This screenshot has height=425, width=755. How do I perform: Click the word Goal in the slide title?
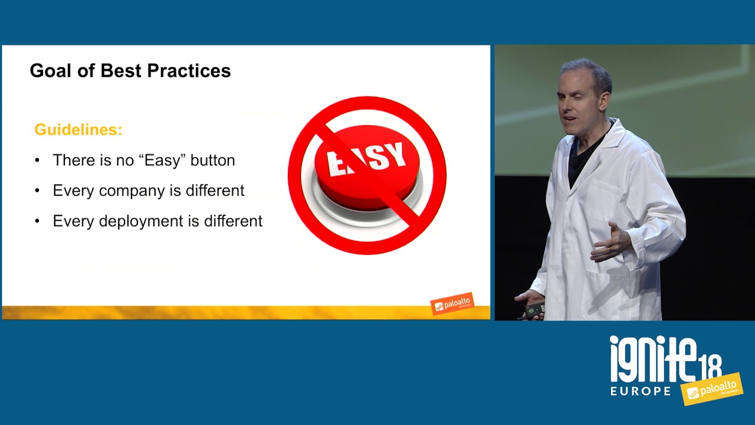[x=50, y=71]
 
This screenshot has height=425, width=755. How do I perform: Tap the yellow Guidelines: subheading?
[x=78, y=130]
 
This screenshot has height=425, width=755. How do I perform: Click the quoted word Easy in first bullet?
[x=163, y=161]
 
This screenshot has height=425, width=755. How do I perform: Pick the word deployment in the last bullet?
[x=142, y=222]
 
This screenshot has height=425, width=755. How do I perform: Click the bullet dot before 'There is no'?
[x=37, y=160]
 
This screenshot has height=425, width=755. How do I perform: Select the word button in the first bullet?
[x=213, y=160]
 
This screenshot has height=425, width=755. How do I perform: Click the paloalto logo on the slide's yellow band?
[x=452, y=303]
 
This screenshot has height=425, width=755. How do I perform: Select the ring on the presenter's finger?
[x=608, y=249]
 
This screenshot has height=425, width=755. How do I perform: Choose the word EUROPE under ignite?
[x=641, y=391]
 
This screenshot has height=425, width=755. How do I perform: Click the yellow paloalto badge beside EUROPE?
[x=712, y=389]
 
